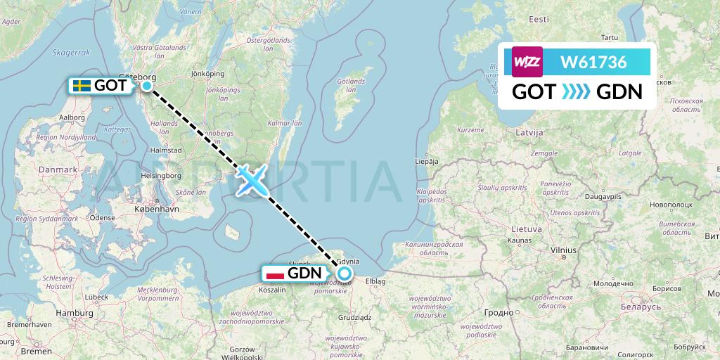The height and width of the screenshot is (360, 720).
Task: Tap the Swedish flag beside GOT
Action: pyautogui.click(x=82, y=86)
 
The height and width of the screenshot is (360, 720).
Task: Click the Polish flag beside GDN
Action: pyautogui.click(x=275, y=274)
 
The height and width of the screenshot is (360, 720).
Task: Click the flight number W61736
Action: pyautogui.click(x=593, y=63)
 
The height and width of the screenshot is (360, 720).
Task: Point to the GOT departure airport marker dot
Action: pyautogui.click(x=147, y=86)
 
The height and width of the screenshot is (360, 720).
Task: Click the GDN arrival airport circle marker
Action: pyautogui.click(x=345, y=274)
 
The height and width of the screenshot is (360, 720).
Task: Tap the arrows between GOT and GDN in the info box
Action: pyautogui.click(x=576, y=91)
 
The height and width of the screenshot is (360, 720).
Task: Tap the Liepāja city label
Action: pyautogui.click(x=427, y=160)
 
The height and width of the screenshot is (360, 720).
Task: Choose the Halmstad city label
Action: pyautogui.click(x=166, y=150)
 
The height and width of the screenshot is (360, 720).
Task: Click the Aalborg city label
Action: pyautogui.click(x=72, y=118)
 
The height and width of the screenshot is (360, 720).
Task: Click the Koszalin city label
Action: pyautogui.click(x=272, y=289)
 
